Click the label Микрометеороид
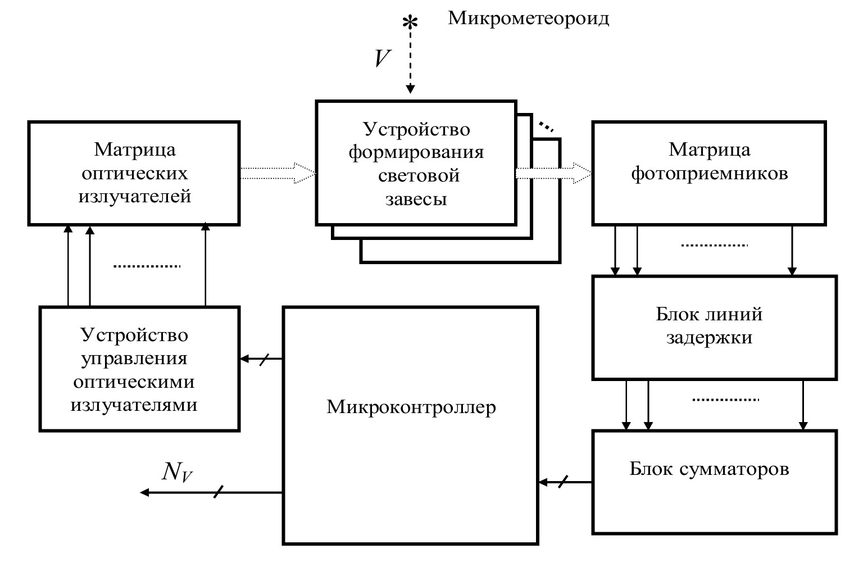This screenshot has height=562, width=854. pos(528,19)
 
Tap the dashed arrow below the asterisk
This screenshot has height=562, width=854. pos(411,62)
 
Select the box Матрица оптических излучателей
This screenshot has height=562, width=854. pos(134,173)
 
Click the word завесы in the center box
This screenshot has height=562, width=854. pos(416,200)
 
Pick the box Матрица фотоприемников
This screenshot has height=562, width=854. pos(709,173)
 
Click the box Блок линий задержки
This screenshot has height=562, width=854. pos(714,327)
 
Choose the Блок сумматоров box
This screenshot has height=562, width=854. pos(714,481)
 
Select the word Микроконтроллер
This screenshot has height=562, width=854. pos(411,406)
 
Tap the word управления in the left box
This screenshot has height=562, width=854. pos(134,359)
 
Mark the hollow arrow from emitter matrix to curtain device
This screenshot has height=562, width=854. pos(278,173)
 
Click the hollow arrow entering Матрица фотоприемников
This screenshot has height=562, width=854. pos(553,173)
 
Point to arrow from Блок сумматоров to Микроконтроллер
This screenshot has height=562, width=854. pos(565,482)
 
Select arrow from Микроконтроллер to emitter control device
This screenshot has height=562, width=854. pos(261,359)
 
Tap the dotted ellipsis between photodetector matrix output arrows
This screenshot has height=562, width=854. pos(714,246)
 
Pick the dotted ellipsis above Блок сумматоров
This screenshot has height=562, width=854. pos(725,400)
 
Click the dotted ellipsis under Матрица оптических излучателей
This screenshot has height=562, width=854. pos(147,266)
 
